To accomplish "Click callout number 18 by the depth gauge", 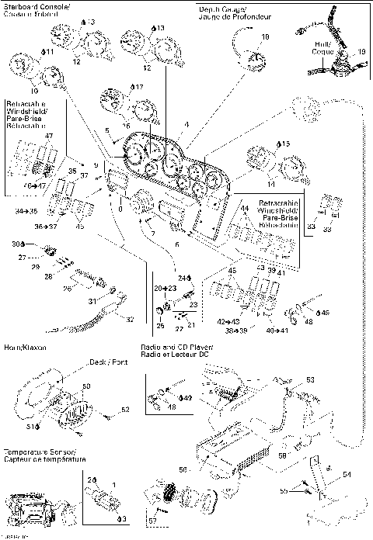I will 265,36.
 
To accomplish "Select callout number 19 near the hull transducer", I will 361,53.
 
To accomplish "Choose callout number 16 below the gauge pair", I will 127,124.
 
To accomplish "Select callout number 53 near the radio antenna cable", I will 310,380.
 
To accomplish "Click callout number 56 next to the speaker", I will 183,470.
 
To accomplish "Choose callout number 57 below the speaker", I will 152,519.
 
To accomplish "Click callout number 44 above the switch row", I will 244,209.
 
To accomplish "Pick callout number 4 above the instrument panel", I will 185,125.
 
